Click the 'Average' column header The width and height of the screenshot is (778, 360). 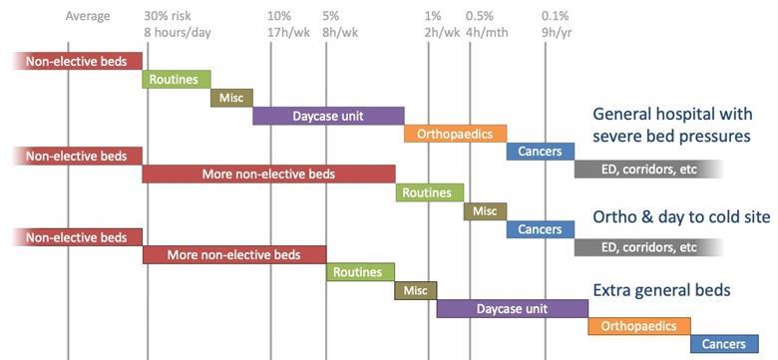click(88, 16)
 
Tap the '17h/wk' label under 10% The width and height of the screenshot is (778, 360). click(289, 32)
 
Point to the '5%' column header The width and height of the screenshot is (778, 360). click(331, 16)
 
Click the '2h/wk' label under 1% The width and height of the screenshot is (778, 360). click(442, 32)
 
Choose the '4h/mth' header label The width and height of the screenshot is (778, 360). click(486, 32)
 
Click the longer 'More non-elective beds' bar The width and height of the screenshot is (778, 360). click(268, 175)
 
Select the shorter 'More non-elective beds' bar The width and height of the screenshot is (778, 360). click(234, 254)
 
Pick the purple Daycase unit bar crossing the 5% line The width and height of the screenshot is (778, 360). click(328, 116)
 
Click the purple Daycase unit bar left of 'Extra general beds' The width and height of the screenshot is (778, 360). click(512, 309)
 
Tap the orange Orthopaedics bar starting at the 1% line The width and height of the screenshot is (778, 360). click(455, 134)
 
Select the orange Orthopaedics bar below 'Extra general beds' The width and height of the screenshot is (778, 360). click(638, 326)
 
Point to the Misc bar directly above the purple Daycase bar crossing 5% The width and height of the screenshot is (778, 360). click(231, 98)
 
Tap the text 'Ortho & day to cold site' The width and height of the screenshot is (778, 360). click(681, 216)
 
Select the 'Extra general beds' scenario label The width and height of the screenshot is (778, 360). click(661, 290)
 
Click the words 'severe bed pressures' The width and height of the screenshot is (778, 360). click(671, 136)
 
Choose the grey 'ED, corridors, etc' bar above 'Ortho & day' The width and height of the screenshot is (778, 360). click(648, 169)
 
